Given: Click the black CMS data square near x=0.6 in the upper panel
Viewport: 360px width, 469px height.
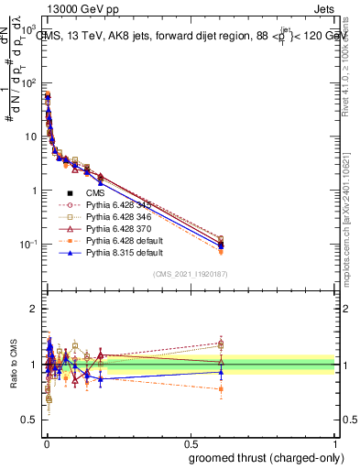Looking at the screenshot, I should point(222,245).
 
